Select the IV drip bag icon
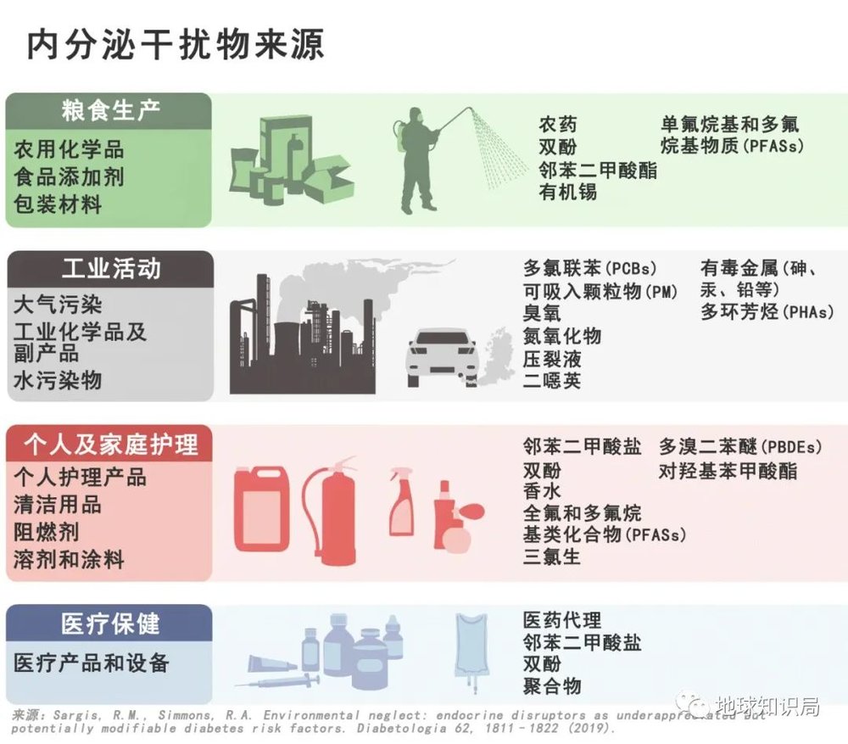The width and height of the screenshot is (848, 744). pos(471,649)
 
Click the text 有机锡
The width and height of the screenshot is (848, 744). pos(567,192)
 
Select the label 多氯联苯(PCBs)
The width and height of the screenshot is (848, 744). pos(590,269)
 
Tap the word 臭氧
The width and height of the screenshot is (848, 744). pos(541,313)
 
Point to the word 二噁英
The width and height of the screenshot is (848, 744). pos(552,380)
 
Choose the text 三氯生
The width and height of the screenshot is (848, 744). pos(552,557)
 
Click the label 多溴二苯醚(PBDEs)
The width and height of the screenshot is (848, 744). pos(740,446)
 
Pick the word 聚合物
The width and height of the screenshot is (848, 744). pos(552,685)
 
